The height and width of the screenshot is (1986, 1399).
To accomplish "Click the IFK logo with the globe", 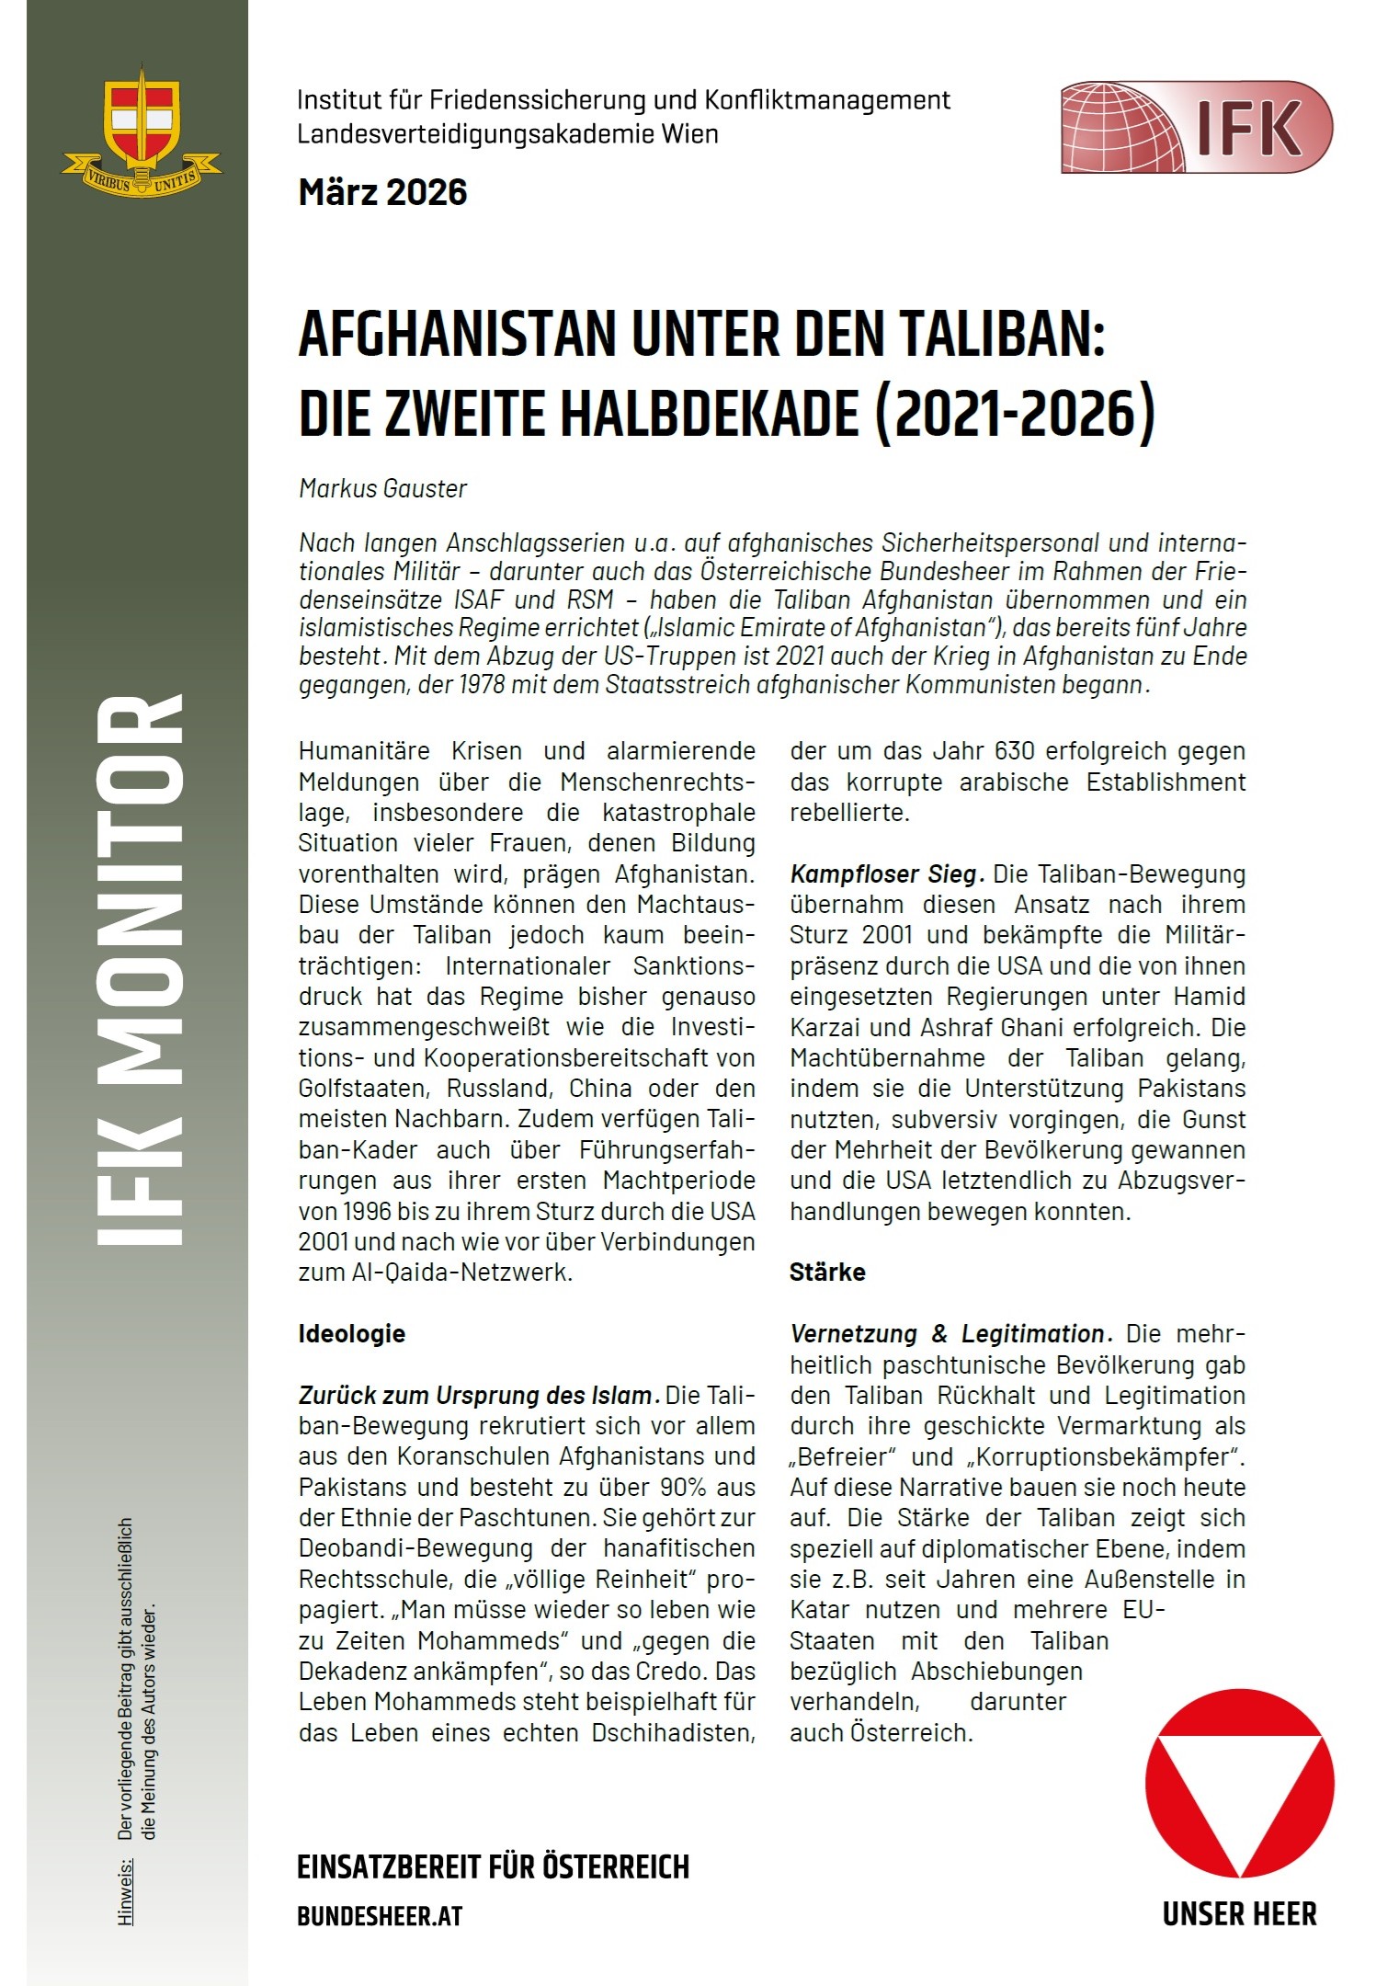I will [1196, 127].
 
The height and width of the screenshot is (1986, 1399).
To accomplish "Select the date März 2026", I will [382, 192].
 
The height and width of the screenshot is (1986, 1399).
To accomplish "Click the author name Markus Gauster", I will [382, 488].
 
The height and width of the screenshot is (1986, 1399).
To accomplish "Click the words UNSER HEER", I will [1239, 1915].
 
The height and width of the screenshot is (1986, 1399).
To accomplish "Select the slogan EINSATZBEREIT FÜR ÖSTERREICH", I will [493, 1867].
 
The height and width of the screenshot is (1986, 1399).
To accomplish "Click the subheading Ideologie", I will [351, 1334].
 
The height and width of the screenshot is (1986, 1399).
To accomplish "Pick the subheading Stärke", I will [827, 1273].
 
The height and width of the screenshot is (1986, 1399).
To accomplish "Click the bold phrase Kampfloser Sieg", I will [886, 873].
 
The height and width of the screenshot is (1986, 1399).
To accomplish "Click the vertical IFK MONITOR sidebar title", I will [140, 970].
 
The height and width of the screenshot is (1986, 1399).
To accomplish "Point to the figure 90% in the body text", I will [685, 1487].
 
